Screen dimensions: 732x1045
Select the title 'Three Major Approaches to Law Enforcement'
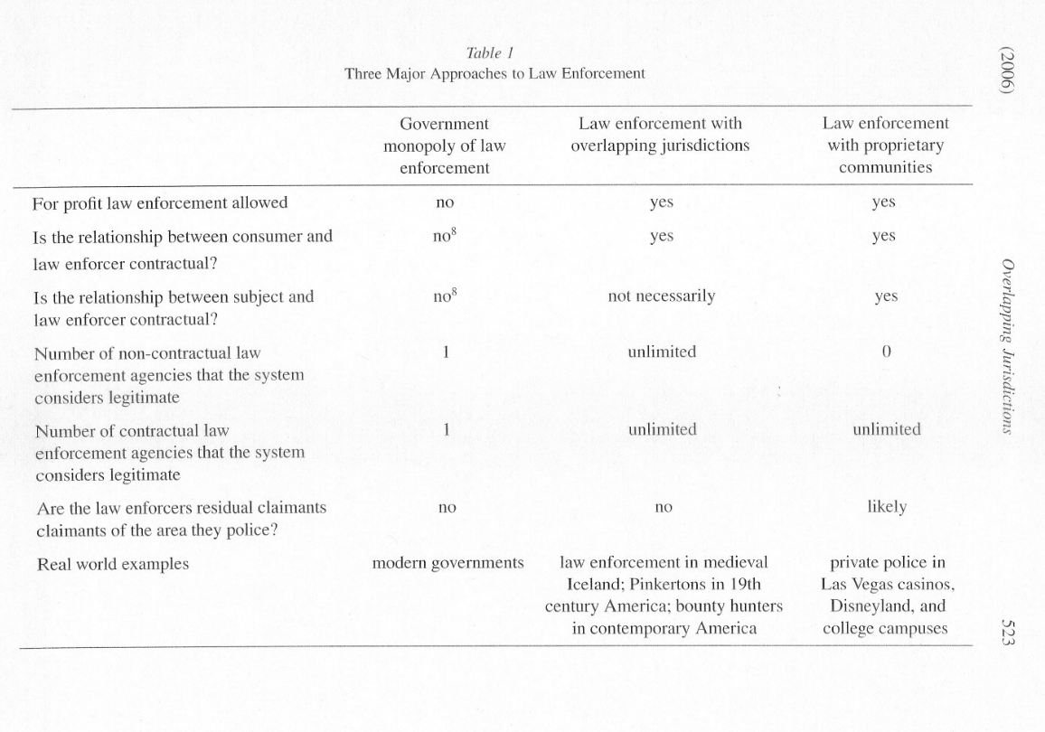point(494,73)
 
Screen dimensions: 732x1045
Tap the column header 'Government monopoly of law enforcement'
point(444,145)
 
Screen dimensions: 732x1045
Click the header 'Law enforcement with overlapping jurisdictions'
point(660,135)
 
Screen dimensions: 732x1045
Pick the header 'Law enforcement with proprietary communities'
point(885,145)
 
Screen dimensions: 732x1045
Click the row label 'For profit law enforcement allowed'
point(160,202)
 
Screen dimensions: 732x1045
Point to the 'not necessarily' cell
point(661,296)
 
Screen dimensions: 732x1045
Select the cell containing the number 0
point(886,352)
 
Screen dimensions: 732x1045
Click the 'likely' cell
point(886,507)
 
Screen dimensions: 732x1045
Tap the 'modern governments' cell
point(448,563)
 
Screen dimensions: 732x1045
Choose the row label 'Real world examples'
point(113,564)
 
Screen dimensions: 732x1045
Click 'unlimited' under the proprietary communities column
point(886,429)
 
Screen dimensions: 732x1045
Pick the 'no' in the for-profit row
point(445,203)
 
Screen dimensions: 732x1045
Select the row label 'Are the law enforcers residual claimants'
point(180,508)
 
